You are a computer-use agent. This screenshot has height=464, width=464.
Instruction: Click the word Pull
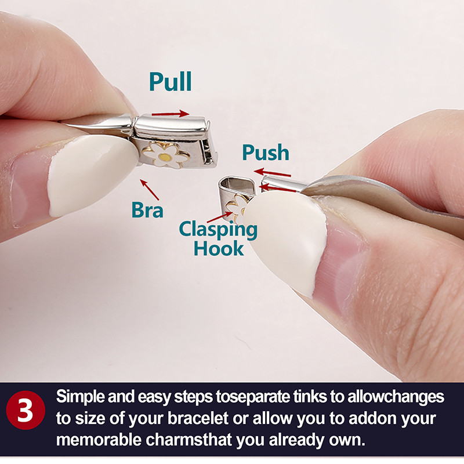[170, 82]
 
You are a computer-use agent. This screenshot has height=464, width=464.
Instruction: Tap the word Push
[265, 153]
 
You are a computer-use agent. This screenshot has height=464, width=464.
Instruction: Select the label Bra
[147, 209]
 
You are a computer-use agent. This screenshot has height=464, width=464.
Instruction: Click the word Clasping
[217, 229]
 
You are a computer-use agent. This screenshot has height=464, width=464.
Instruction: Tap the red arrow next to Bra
[150, 189]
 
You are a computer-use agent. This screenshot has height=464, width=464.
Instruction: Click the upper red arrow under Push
[273, 172]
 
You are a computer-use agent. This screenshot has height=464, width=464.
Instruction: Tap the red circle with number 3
[25, 410]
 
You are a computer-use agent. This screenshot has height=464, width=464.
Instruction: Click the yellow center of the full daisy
[165, 155]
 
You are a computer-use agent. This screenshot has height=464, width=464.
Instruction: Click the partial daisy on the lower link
[238, 204]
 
